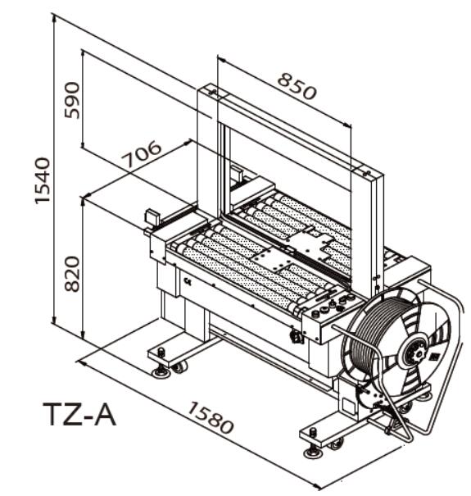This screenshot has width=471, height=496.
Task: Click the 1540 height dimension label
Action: point(43,180)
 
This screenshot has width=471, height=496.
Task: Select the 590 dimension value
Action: point(72,100)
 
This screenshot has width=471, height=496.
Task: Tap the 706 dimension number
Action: point(143,154)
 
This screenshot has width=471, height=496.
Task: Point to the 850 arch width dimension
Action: point(297,86)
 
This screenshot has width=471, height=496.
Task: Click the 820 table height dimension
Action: point(72,274)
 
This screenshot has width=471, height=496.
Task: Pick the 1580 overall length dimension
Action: point(211,417)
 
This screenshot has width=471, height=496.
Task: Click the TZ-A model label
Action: point(79,414)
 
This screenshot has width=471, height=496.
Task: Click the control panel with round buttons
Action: point(331,305)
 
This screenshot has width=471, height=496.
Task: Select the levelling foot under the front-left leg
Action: point(161,371)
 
